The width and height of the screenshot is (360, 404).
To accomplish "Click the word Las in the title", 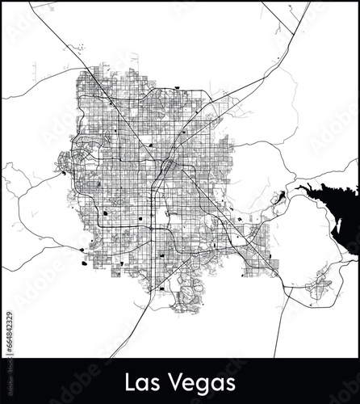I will tap(151, 381).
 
